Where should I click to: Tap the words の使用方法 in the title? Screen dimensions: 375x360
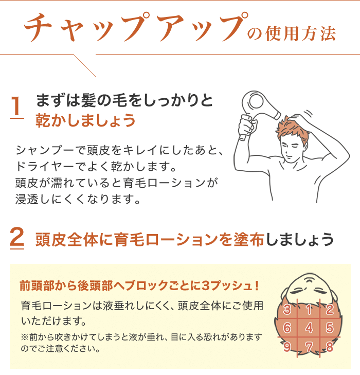(292, 33)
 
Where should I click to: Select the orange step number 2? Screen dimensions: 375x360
(17, 239)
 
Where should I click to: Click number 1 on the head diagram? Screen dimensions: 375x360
(309, 309)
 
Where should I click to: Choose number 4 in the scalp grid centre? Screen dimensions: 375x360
(309, 328)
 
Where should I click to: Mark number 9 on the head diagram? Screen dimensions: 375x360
(287, 346)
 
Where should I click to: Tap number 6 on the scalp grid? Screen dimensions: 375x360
(287, 328)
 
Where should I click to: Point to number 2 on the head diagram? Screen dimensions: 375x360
(330, 309)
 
